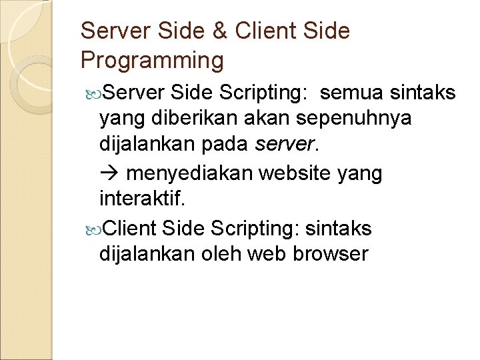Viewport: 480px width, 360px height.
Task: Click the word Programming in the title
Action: point(151,61)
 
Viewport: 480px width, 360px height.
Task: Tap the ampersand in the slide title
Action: point(224,31)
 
